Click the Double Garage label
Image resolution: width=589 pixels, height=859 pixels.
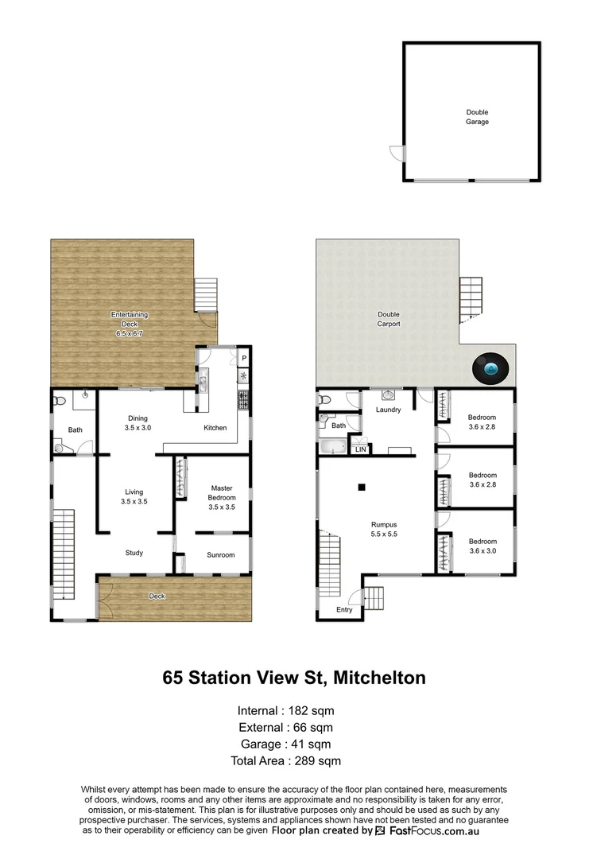pyautogui.click(x=477, y=117)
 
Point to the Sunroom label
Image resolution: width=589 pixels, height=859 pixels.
pyautogui.click(x=221, y=554)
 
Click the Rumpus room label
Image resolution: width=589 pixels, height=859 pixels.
pyautogui.click(x=384, y=529)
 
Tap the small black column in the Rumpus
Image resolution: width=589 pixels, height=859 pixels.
pyautogui.click(x=361, y=487)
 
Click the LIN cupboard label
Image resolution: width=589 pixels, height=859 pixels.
pyautogui.click(x=361, y=449)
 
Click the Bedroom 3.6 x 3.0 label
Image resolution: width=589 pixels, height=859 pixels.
pyautogui.click(x=482, y=542)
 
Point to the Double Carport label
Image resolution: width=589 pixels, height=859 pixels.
pyautogui.click(x=388, y=320)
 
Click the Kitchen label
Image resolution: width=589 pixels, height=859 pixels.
pyautogui.click(x=215, y=428)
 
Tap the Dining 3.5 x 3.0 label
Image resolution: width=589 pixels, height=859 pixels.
pyautogui.click(x=137, y=423)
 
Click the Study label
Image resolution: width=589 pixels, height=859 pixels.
pyautogui.click(x=134, y=553)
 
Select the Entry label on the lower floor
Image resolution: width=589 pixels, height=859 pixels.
pyautogui.click(x=343, y=610)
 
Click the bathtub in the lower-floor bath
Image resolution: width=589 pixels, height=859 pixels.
pyautogui.click(x=333, y=447)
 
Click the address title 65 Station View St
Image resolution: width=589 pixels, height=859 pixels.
pyautogui.click(x=294, y=678)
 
